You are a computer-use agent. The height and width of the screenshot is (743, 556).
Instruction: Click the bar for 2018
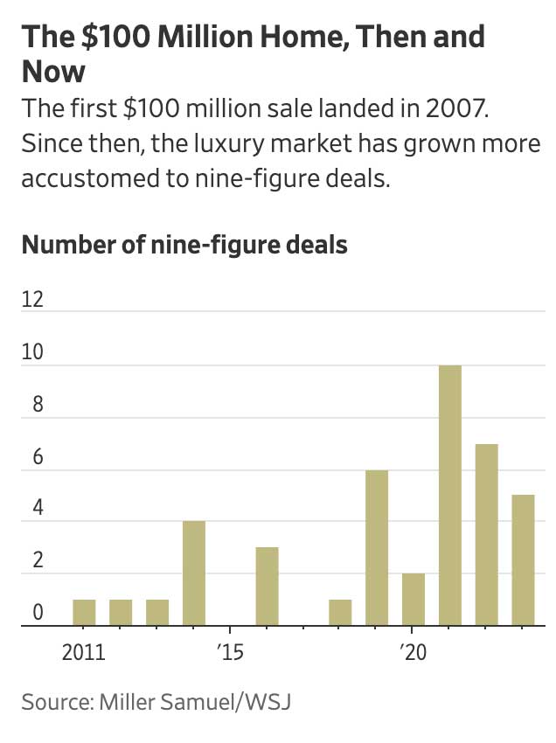click(x=340, y=613)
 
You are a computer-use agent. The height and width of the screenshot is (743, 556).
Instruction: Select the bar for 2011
click(x=84, y=613)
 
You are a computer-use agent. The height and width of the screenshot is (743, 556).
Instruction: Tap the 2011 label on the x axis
click(x=84, y=652)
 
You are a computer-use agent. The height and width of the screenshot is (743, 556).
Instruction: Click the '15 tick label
click(x=228, y=652)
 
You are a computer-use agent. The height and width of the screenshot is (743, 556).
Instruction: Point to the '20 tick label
click(x=411, y=652)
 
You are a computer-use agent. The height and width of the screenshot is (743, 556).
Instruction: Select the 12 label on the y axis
click(x=32, y=300)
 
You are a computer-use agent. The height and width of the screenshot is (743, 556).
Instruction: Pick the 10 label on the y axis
click(x=32, y=352)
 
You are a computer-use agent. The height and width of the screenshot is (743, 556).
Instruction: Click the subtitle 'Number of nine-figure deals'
click(x=184, y=244)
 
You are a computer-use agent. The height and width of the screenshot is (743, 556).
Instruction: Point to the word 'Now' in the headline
click(x=54, y=71)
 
